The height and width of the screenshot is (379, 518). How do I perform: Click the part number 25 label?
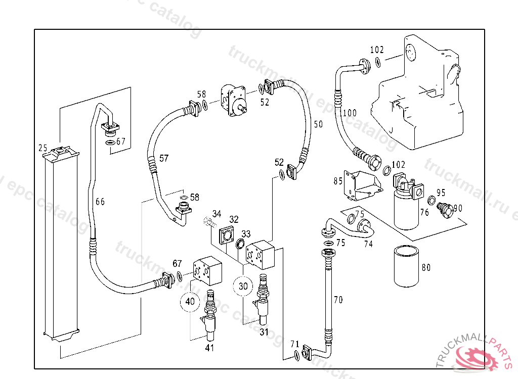click(43, 148)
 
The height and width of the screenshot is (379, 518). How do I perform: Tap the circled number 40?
click(190, 301)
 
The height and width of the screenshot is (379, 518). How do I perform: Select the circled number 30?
click(243, 286)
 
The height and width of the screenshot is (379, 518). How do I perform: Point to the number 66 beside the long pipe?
click(100, 202)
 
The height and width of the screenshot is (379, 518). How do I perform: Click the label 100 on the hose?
click(349, 113)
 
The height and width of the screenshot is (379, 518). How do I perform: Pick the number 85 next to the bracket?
click(338, 181)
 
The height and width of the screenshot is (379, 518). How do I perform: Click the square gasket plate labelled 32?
click(226, 235)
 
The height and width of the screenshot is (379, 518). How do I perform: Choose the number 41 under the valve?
click(210, 347)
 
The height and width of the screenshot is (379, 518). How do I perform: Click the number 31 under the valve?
click(264, 332)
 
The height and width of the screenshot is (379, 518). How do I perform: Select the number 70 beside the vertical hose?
click(338, 300)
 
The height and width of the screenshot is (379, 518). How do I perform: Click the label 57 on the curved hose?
click(164, 158)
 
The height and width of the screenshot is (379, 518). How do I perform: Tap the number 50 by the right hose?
click(317, 124)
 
